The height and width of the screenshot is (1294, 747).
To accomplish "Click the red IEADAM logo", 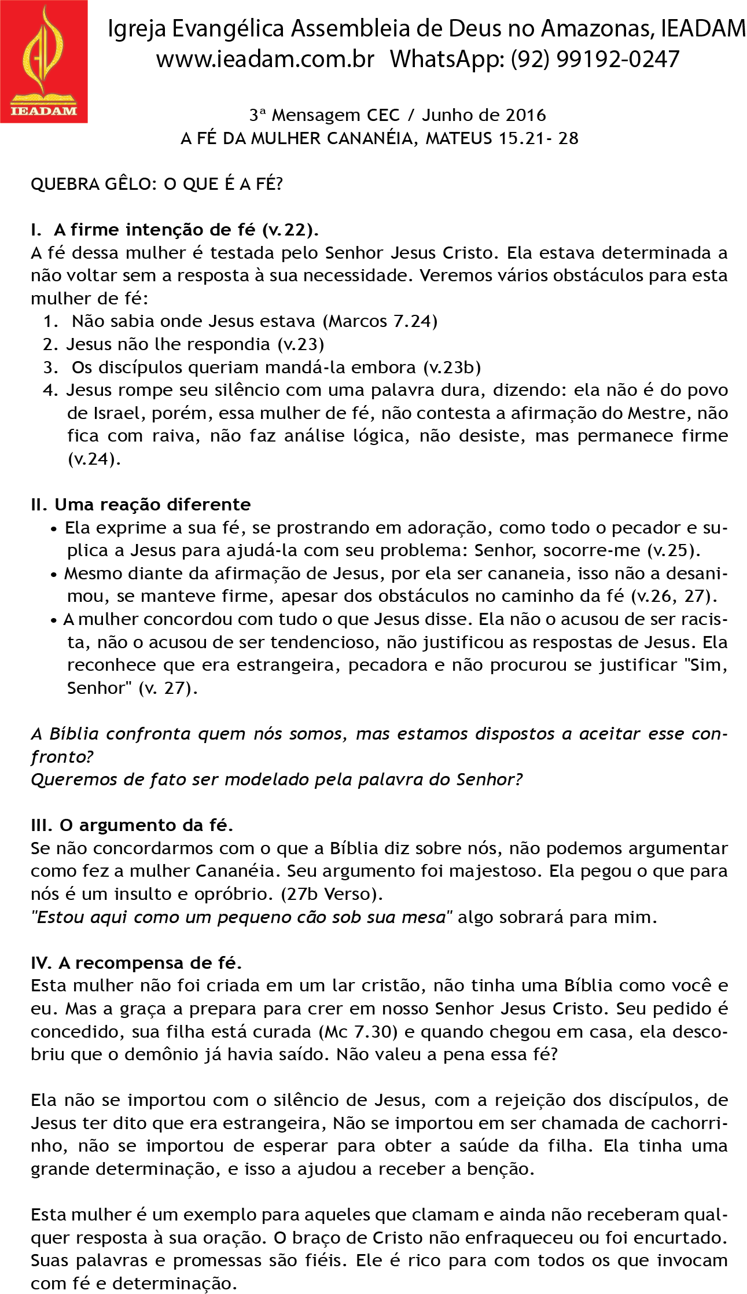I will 43,61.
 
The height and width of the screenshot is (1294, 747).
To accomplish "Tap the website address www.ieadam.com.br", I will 266,60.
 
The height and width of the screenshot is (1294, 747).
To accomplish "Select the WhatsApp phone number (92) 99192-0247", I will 595,60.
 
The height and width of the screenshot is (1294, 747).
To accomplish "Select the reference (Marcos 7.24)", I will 380,321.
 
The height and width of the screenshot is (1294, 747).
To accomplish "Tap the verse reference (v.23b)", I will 452,367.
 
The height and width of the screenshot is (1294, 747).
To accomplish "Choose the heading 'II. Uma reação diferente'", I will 141,505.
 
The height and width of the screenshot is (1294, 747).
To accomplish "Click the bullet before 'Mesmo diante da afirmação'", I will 54,575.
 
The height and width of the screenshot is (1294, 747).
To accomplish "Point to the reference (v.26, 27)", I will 674,596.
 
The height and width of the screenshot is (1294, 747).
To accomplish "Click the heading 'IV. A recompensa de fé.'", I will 136,964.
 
